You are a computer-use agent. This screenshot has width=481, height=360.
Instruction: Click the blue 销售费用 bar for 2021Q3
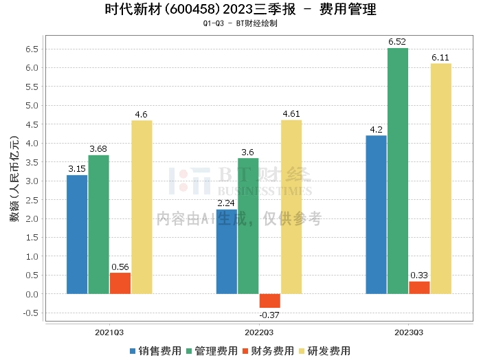77,234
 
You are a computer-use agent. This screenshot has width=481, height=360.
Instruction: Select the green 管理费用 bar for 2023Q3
397,171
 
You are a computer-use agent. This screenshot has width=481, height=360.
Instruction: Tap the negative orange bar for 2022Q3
269,301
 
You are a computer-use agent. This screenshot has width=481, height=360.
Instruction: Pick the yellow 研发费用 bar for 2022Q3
291,207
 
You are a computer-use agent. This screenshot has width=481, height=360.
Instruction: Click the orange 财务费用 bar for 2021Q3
120,283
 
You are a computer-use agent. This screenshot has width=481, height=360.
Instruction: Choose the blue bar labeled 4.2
376,214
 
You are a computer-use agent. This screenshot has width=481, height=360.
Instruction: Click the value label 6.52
397,42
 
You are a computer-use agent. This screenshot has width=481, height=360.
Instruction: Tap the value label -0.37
269,315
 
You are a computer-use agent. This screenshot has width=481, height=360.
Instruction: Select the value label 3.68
98,149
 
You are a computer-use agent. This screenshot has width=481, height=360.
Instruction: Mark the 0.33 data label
419,275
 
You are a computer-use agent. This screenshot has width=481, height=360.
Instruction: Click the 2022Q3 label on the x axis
259,332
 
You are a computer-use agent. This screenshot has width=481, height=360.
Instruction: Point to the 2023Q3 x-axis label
408,332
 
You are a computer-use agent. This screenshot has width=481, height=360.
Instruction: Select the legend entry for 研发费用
327,350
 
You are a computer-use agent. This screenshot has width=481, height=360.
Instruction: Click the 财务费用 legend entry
269,350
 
